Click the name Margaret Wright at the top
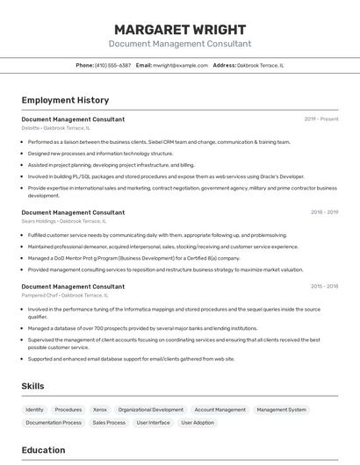coord(180,29)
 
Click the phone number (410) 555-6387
coord(113,66)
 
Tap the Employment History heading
coord(65,100)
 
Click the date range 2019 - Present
coord(321,118)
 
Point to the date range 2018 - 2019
coord(324,211)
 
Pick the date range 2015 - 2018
coord(324,286)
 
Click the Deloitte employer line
coord(55,128)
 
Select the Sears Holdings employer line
coord(64,221)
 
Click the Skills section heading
coord(33,386)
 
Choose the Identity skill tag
coord(35,410)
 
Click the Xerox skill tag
coord(100,410)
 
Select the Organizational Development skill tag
coord(151,410)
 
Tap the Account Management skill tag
coord(220,410)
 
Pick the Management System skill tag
coord(282,410)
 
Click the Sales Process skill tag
coord(109,423)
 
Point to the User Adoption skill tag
coord(198,423)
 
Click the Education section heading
coord(43,450)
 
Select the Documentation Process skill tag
coord(54,423)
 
